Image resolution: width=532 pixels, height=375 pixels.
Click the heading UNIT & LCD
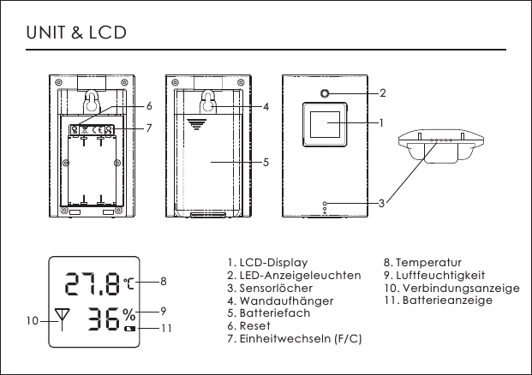77,33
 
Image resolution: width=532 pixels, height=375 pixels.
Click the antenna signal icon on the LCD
61,319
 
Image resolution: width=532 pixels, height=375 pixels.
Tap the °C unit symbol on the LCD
129,282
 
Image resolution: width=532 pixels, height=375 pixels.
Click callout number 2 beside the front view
383,92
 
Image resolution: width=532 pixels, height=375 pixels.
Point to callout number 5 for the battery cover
266,161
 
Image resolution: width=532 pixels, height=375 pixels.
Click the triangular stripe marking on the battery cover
198,125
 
